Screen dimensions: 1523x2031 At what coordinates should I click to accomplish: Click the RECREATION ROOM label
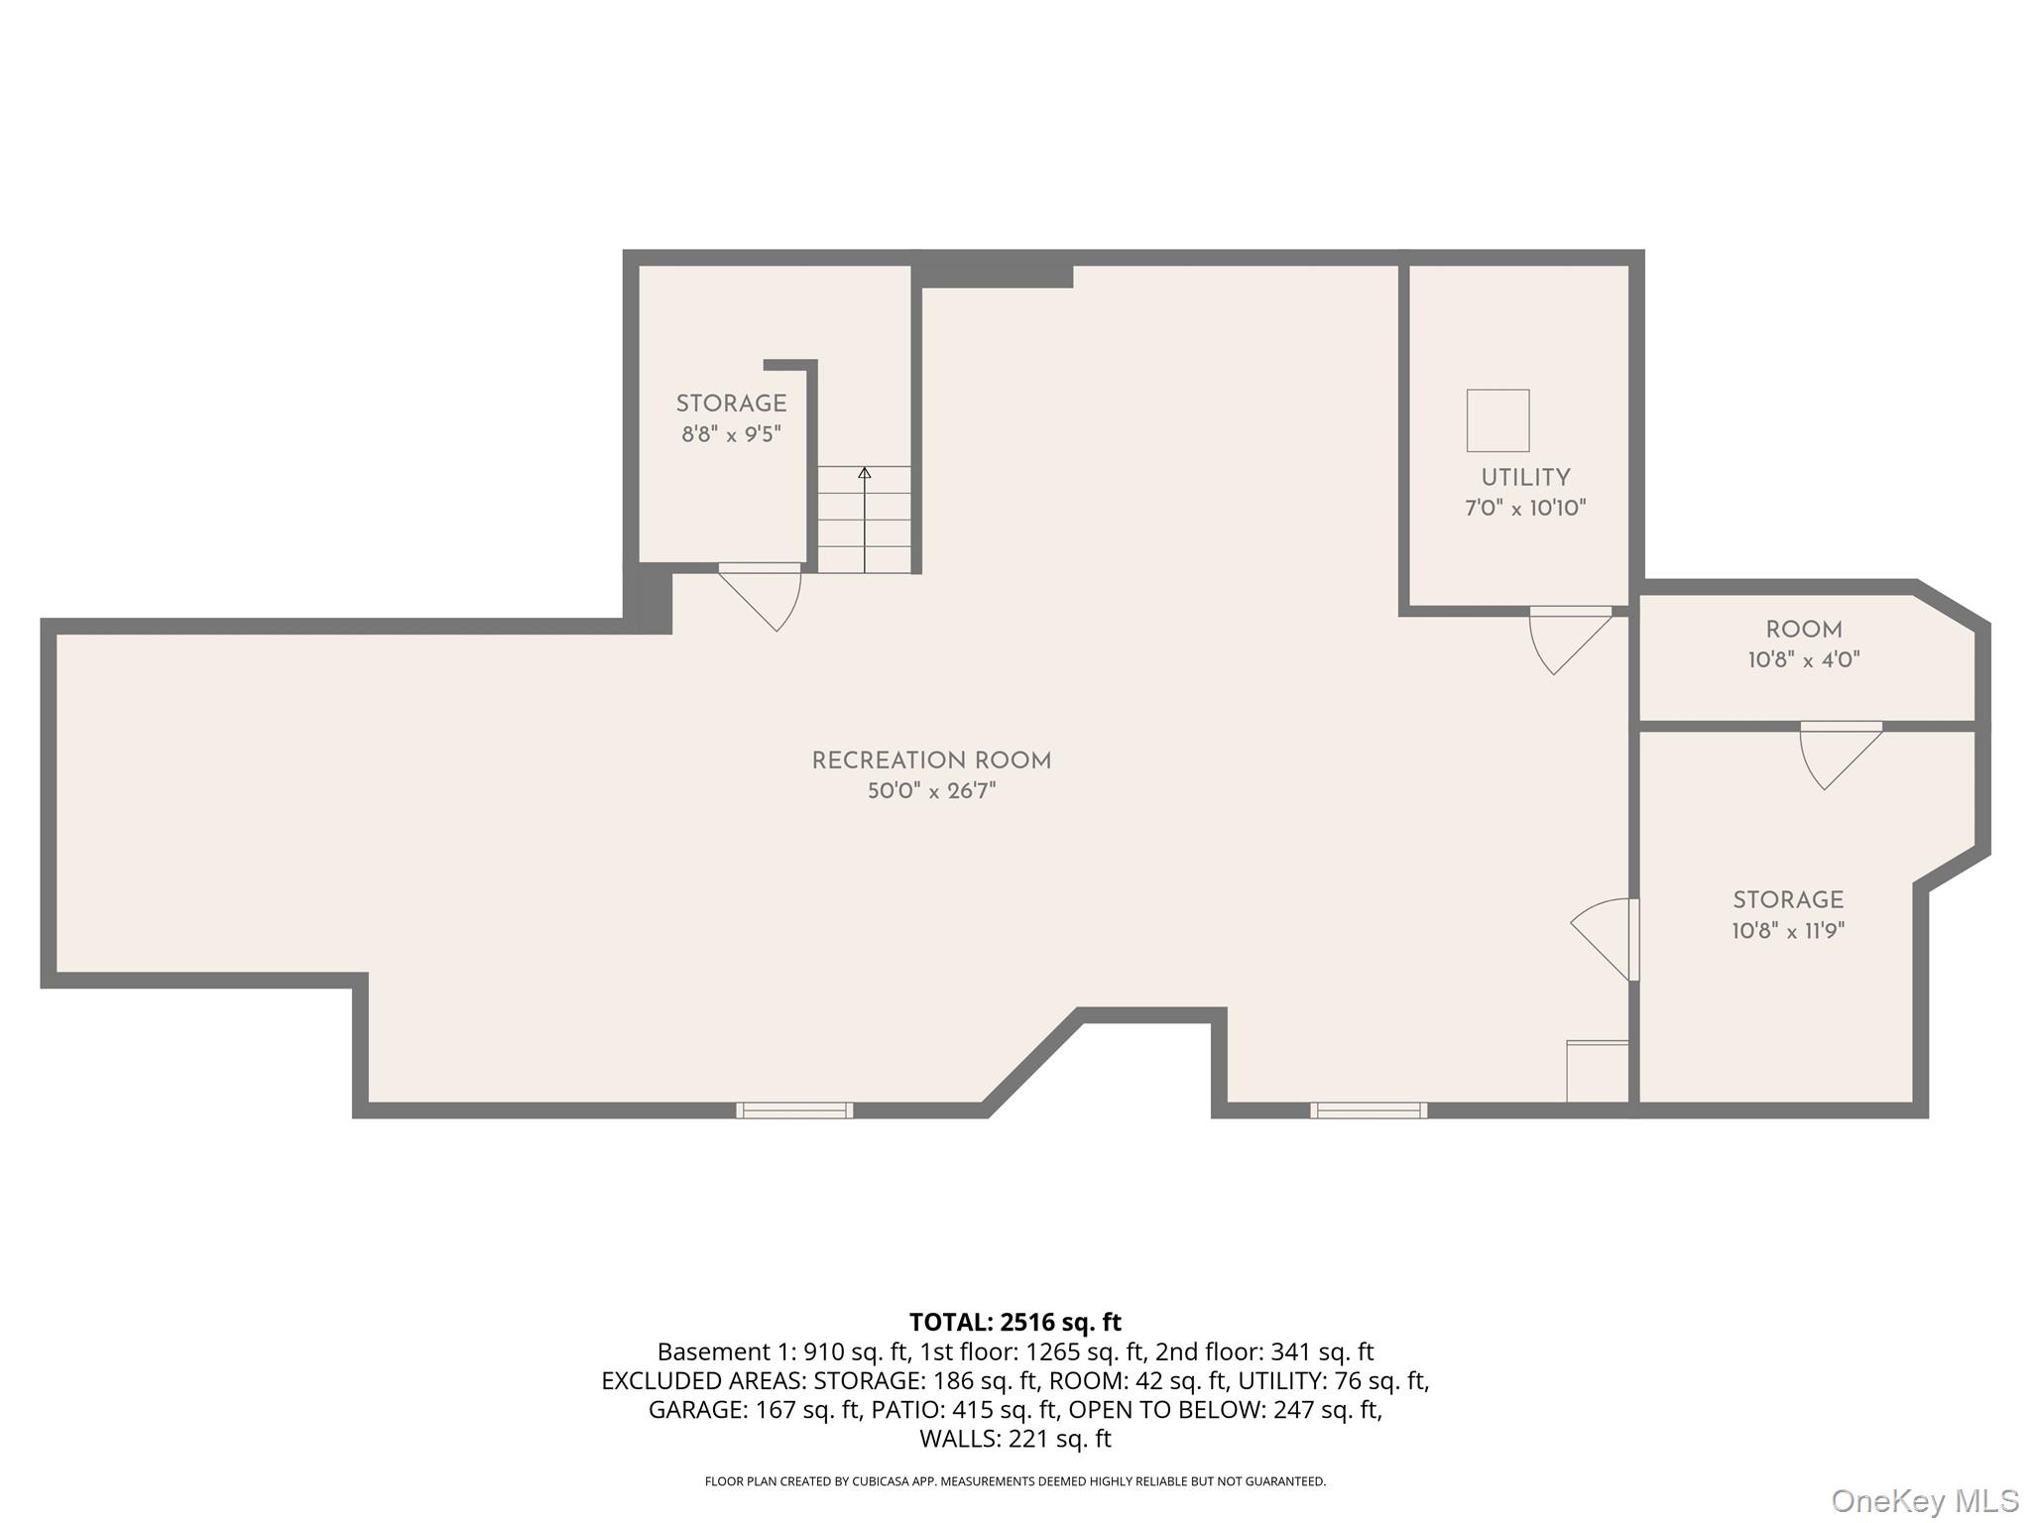coord(930,761)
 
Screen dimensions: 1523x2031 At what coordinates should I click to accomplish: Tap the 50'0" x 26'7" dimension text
coord(930,791)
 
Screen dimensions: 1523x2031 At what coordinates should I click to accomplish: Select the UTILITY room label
coord(1524,477)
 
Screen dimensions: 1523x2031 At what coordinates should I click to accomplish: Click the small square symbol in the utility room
coord(1497,420)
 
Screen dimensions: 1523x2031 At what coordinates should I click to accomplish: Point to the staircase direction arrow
coord(864,474)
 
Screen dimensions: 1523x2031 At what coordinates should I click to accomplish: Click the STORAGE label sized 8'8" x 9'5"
coord(731,404)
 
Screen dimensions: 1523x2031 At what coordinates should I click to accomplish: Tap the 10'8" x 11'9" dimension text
coord(1787,931)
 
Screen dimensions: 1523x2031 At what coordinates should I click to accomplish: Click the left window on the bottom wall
coord(793,1111)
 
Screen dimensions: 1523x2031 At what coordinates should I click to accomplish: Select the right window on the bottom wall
coord(1368,1111)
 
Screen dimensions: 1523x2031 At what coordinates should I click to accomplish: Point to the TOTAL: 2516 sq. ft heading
coord(1015,1322)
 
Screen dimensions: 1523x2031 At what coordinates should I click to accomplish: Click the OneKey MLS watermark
coord(1924,1501)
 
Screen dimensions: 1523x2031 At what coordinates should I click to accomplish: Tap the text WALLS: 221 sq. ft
coord(1015,1438)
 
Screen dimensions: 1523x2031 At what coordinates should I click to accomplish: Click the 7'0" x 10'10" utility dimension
coord(1524,509)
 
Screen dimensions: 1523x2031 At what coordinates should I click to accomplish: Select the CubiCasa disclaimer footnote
coord(1015,1481)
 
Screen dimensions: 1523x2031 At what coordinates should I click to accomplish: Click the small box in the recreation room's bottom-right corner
coord(1597,1071)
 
